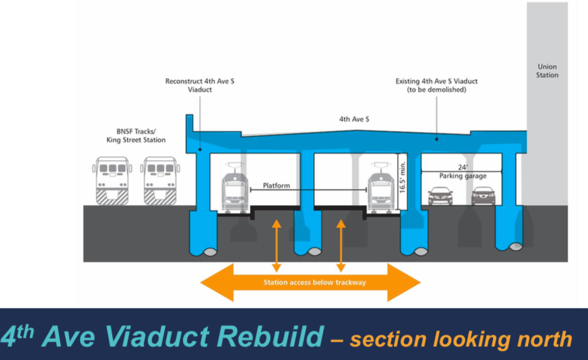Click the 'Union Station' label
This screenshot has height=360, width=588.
547,70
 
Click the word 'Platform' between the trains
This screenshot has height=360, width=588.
276,186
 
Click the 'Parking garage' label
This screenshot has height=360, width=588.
462,176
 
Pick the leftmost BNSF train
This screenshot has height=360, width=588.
112,180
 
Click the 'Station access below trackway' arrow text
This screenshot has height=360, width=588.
310,283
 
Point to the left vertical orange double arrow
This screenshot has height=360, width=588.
277,245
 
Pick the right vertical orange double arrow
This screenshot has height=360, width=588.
340,245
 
